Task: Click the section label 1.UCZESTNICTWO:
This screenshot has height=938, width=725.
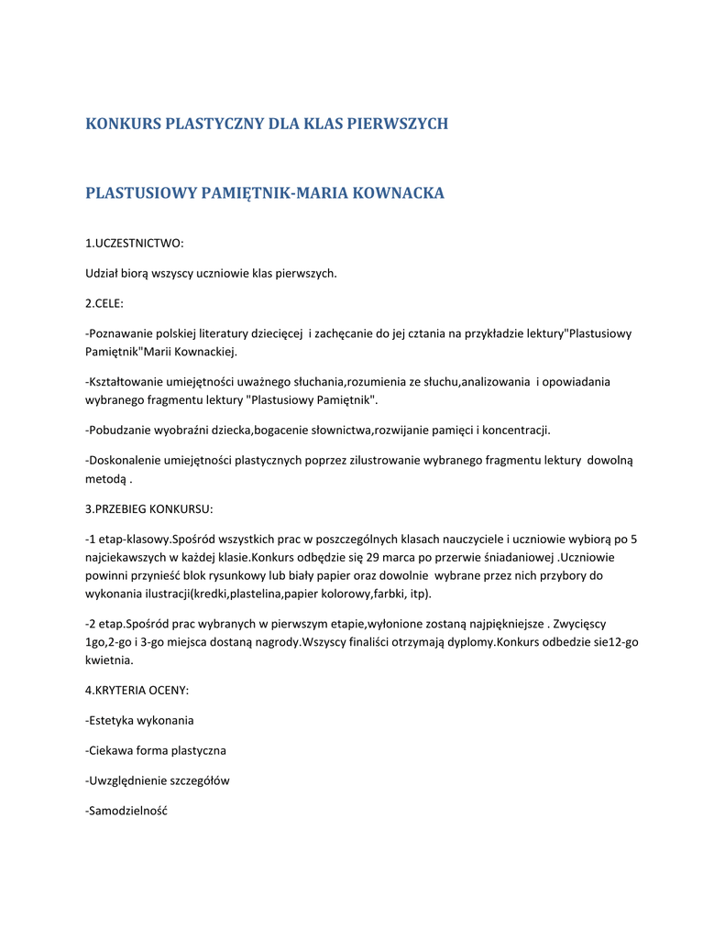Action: click(x=135, y=243)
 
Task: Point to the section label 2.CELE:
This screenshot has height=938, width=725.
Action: click(x=104, y=302)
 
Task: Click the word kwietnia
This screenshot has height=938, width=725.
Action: click(x=109, y=660)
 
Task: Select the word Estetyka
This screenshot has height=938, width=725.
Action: click(x=112, y=720)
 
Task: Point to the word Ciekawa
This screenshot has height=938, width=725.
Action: click(x=110, y=750)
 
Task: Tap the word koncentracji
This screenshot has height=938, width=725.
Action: click(x=517, y=430)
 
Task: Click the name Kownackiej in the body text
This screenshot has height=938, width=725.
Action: click(x=206, y=352)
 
